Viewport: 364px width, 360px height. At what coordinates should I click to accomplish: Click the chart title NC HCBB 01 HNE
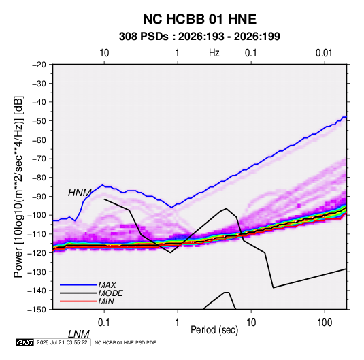coord(199,19)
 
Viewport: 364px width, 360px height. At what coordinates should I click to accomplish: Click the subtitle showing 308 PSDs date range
coord(199,37)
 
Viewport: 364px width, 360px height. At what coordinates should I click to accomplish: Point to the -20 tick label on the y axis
coord(39,65)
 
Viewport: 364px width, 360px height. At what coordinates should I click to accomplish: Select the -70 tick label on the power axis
coord(39,159)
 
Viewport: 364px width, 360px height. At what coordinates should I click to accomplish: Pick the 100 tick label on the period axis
coord(325,323)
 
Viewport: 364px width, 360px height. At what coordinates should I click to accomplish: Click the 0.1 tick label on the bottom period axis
coord(104,323)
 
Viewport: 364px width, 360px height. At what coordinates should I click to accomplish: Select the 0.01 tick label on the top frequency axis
coord(324,53)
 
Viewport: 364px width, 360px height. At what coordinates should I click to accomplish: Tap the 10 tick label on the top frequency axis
coord(104,53)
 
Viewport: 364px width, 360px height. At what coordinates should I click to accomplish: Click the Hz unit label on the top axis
coord(214,53)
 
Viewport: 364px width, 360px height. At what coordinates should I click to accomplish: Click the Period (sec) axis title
coord(214,330)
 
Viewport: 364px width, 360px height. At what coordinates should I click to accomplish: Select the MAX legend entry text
coord(107,285)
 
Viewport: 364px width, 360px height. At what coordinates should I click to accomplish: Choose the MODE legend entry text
coord(110,293)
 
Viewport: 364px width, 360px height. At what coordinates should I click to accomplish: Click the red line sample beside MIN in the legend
coord(78,301)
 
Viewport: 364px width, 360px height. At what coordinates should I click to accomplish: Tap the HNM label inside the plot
coord(80,193)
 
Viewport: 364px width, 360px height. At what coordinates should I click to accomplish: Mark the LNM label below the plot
coord(79,334)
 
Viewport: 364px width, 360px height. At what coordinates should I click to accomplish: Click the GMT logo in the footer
coord(25,342)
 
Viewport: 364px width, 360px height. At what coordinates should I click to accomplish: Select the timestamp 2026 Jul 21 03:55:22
coord(62,342)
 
